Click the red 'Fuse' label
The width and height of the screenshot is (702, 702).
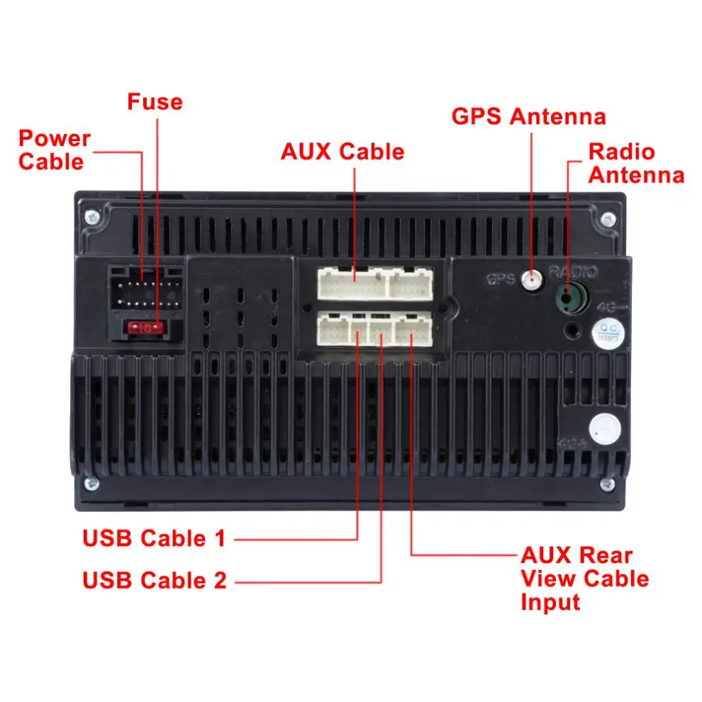[155, 102]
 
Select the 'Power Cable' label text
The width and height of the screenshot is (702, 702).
[54, 150]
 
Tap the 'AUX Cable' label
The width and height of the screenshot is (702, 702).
[342, 152]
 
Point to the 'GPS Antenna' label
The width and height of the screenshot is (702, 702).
[529, 116]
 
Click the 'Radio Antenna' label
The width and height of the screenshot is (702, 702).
[635, 163]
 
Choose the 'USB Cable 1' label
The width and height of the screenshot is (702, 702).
[154, 538]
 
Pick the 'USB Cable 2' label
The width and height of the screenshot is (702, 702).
[155, 580]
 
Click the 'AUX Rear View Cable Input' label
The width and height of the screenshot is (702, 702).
[584, 578]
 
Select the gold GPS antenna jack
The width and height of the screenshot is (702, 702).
[530, 282]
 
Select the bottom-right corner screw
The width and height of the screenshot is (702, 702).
[607, 484]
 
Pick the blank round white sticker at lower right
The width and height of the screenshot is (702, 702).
[605, 428]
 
